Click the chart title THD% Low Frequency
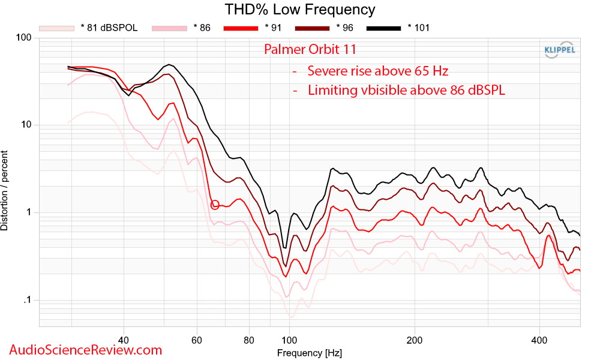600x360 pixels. pyautogui.click(x=300, y=10)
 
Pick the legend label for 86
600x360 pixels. pyautogui.click(x=202, y=28)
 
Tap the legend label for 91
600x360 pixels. pyautogui.click(x=272, y=28)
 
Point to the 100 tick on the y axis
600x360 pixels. pyautogui.click(x=23, y=38)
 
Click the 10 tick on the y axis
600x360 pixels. pyautogui.click(x=26, y=125)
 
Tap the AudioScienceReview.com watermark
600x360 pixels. pyautogui.click(x=86, y=349)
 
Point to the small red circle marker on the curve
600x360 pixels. pyautogui.click(x=215, y=205)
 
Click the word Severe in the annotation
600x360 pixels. pyautogui.click(x=327, y=71)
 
